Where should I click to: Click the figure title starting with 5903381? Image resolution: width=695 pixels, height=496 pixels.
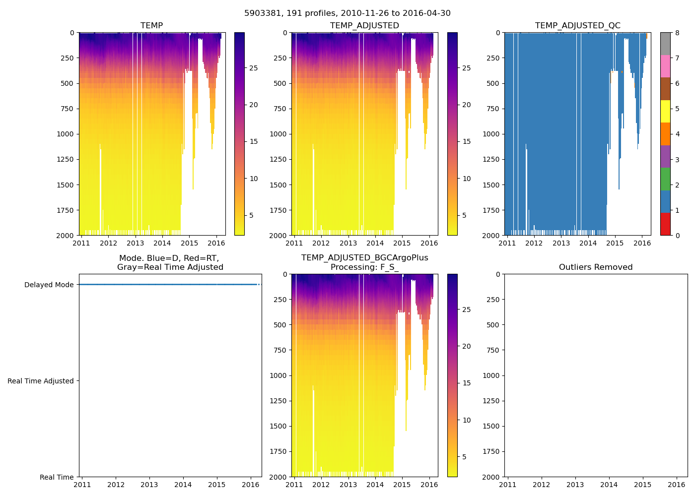click(347, 13)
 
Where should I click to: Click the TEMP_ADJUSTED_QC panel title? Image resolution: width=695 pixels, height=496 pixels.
click(577, 26)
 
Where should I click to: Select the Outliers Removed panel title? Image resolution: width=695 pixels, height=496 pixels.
click(596, 267)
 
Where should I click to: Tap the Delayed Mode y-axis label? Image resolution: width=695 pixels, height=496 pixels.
click(49, 285)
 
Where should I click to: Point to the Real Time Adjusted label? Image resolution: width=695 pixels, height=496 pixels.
click(40, 381)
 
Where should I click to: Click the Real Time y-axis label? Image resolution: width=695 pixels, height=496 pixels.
click(57, 477)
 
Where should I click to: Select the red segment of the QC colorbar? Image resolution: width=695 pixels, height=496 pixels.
click(665, 224)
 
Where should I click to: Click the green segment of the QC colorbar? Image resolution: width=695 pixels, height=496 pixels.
click(665, 179)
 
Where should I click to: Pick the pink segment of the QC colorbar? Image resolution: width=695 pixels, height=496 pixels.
click(665, 66)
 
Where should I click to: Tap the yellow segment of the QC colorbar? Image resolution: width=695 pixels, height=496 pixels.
click(665, 111)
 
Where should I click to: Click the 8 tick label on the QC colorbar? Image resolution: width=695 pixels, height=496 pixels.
click(677, 33)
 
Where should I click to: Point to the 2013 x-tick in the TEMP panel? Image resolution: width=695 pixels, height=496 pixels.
click(135, 243)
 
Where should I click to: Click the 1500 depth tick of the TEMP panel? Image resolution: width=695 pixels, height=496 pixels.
click(66, 185)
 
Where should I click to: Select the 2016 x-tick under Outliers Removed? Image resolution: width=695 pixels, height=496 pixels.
click(677, 485)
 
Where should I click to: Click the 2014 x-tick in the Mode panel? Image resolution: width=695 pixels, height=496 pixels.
click(183, 485)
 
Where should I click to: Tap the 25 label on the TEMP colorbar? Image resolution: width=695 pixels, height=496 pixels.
click(253, 68)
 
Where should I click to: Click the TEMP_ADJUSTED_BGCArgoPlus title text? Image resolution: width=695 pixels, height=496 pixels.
click(364, 258)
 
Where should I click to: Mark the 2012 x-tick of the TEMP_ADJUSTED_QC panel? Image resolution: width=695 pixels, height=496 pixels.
click(534, 243)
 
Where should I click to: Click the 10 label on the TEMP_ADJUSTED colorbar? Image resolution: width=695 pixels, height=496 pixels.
click(467, 179)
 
